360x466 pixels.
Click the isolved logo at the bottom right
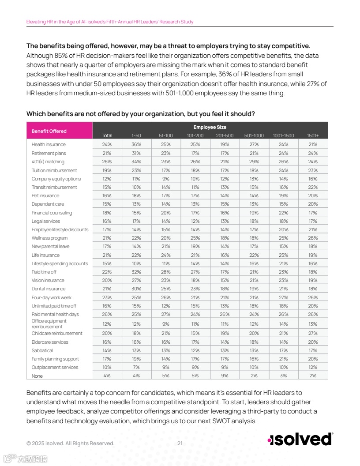[x=300, y=439]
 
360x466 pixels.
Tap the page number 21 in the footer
[x=180, y=443]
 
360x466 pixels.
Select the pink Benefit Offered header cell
[x=49, y=131]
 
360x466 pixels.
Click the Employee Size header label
[x=210, y=127]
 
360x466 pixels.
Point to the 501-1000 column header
[x=254, y=135]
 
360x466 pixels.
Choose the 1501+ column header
[x=313, y=135]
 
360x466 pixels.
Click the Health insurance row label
[x=49, y=144]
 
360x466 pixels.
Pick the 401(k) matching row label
[x=48, y=162]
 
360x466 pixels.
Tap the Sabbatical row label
[x=42, y=350]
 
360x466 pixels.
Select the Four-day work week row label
[x=51, y=297]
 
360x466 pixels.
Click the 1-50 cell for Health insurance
[x=136, y=144]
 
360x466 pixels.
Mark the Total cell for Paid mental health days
[x=107, y=314]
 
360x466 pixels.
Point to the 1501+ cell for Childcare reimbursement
[x=313, y=333]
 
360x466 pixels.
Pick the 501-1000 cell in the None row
[x=254, y=376]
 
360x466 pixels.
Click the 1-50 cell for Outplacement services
[x=136, y=367]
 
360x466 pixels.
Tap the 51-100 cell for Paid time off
[x=166, y=272]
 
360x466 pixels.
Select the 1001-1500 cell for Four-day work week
[x=284, y=297]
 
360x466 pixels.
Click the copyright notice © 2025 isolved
[x=70, y=443]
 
